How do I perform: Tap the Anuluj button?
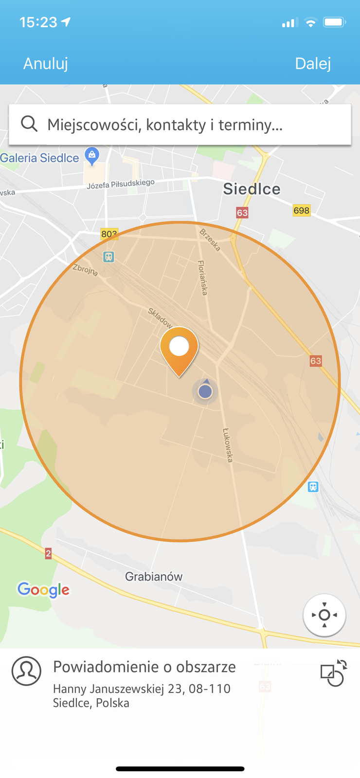tap(46, 63)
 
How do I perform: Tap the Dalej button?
tap(313, 63)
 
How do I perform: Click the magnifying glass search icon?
tap(29, 124)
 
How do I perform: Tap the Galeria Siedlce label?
tap(39, 158)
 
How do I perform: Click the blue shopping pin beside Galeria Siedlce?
tap(91, 156)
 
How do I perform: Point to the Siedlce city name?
tap(252, 189)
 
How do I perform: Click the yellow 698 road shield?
tap(302, 211)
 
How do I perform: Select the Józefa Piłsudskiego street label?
tap(121, 184)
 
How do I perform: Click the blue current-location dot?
tap(205, 391)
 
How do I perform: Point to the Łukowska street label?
tap(228, 444)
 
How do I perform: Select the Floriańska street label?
tap(203, 277)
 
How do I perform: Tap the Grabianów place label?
tap(154, 577)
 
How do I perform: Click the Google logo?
tap(44, 589)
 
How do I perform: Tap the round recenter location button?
tap(324, 615)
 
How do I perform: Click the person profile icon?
tap(26, 671)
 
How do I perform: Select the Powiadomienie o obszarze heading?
tap(144, 667)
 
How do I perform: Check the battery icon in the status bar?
tap(334, 22)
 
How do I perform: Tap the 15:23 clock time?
tap(38, 22)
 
